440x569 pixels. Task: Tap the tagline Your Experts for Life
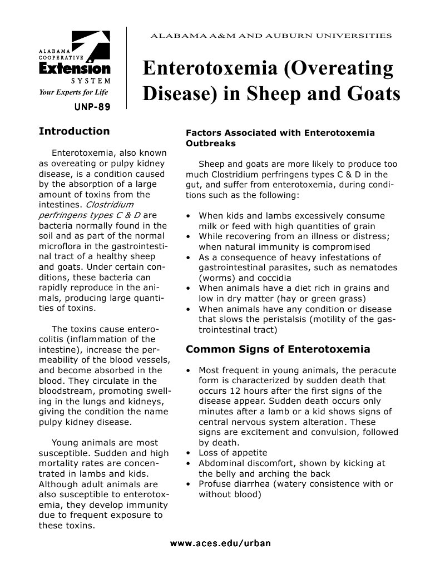tap(73, 92)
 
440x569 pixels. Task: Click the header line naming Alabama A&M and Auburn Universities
tap(271, 36)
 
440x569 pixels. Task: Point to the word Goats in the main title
tap(373, 93)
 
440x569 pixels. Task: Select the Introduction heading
tap(74, 131)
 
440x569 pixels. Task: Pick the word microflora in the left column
tap(61, 246)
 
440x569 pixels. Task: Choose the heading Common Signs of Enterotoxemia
tap(278, 349)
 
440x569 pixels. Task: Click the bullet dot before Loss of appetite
tap(189, 453)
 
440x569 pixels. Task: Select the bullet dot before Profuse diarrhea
tap(189, 484)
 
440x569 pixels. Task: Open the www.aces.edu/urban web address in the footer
tap(220, 543)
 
